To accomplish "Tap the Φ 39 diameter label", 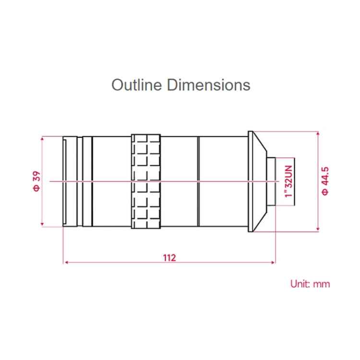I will [x=36, y=181].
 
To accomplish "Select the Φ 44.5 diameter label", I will [x=325, y=181].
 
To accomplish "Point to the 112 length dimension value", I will [x=169, y=258].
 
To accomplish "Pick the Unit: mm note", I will [x=310, y=283].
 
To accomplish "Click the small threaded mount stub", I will [x=272, y=181].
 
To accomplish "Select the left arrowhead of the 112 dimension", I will [x=66, y=262].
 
